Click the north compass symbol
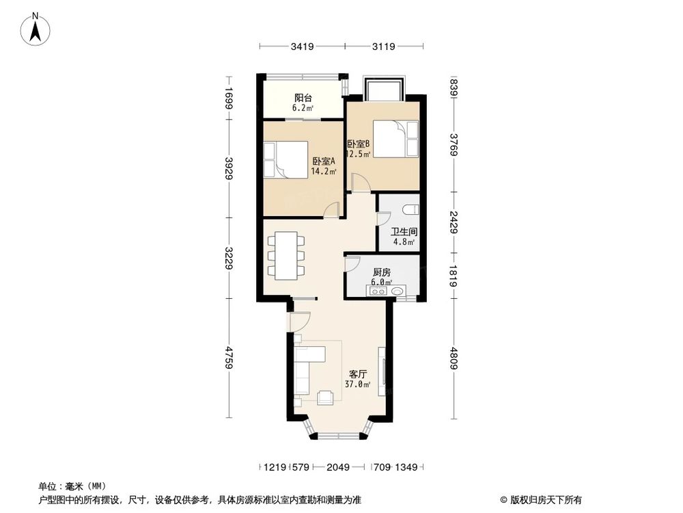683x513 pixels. pos(36,29)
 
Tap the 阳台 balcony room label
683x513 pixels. pos(303,98)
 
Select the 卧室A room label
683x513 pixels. pos(324,161)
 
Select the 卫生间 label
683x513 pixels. pos(404,232)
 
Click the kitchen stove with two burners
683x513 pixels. pos(377,292)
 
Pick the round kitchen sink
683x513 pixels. pos(398,292)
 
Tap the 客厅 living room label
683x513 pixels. pos(359,374)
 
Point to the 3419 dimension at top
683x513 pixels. pos(302,47)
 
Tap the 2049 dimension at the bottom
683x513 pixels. pos(338,468)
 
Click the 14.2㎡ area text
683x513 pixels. pos(324,172)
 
